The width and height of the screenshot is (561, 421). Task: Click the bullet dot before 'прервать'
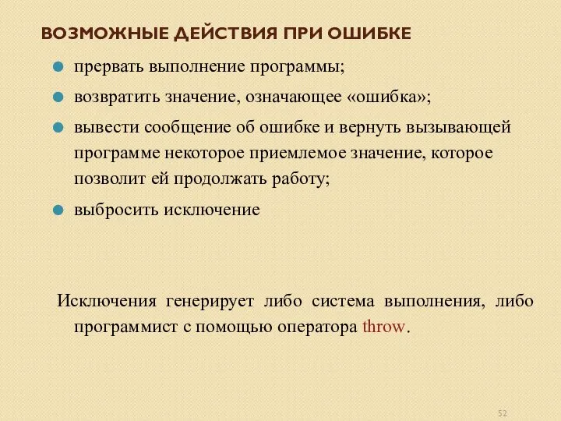(58, 67)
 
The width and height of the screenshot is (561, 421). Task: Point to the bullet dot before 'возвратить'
(58, 97)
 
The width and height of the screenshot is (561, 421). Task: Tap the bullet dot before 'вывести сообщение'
(58, 126)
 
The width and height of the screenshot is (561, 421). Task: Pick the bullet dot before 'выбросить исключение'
(58, 210)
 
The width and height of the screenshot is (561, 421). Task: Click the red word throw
(385, 327)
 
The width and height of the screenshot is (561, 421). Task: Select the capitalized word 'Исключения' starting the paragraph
(101, 301)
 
